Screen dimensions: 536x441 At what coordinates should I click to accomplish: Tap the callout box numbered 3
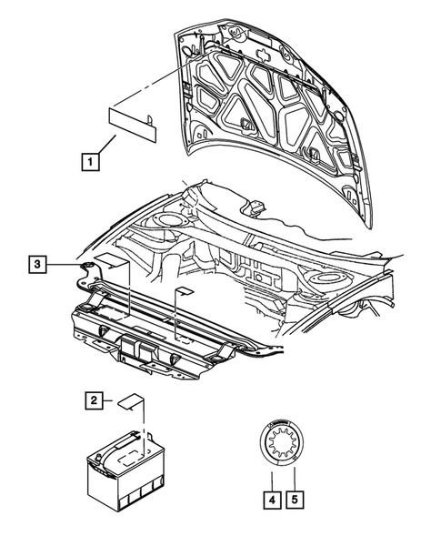coord(35,265)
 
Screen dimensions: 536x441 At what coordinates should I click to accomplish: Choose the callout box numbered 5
coord(295,499)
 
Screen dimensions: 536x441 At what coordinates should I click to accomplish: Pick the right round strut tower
coord(326,277)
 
